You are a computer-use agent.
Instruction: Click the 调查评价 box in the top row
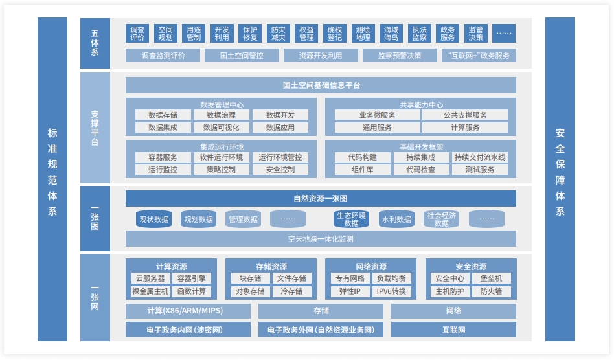(x=137, y=34)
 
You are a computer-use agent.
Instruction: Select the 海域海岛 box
(x=391, y=34)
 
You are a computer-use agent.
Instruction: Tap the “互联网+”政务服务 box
(x=479, y=56)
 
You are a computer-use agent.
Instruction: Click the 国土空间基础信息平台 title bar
(x=321, y=85)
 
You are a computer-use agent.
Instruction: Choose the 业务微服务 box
(x=377, y=115)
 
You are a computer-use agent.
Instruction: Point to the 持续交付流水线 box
(x=480, y=157)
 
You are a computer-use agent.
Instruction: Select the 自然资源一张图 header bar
(x=321, y=199)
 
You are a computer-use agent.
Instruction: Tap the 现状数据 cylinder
(x=153, y=219)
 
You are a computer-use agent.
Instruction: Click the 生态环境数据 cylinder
(x=351, y=219)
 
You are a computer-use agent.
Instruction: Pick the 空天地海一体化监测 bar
(x=321, y=239)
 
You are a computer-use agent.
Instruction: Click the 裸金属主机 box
(x=150, y=291)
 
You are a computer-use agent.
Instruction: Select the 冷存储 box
(x=291, y=291)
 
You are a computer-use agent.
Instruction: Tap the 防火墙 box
(x=491, y=291)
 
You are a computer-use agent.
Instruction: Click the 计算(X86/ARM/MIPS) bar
(x=188, y=311)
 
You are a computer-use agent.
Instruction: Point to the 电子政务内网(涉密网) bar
(x=188, y=330)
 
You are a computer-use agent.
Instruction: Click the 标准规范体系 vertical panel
(x=52, y=179)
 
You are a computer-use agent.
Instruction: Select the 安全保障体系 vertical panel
(x=560, y=179)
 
